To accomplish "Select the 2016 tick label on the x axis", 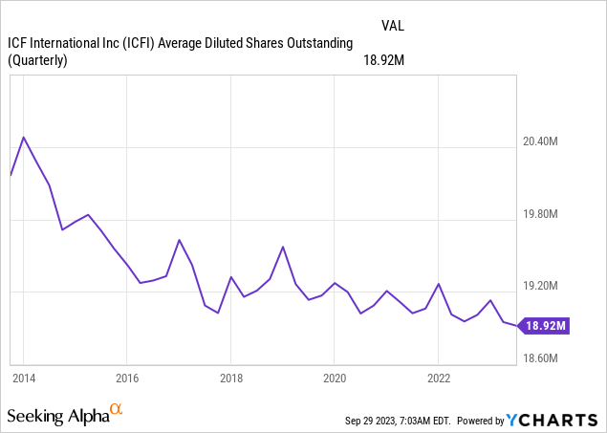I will (x=127, y=377).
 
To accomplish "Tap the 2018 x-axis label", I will (x=230, y=377).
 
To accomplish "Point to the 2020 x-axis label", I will (x=334, y=377).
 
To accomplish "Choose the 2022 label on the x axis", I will (x=437, y=377).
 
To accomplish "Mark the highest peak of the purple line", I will (x=24, y=137).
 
